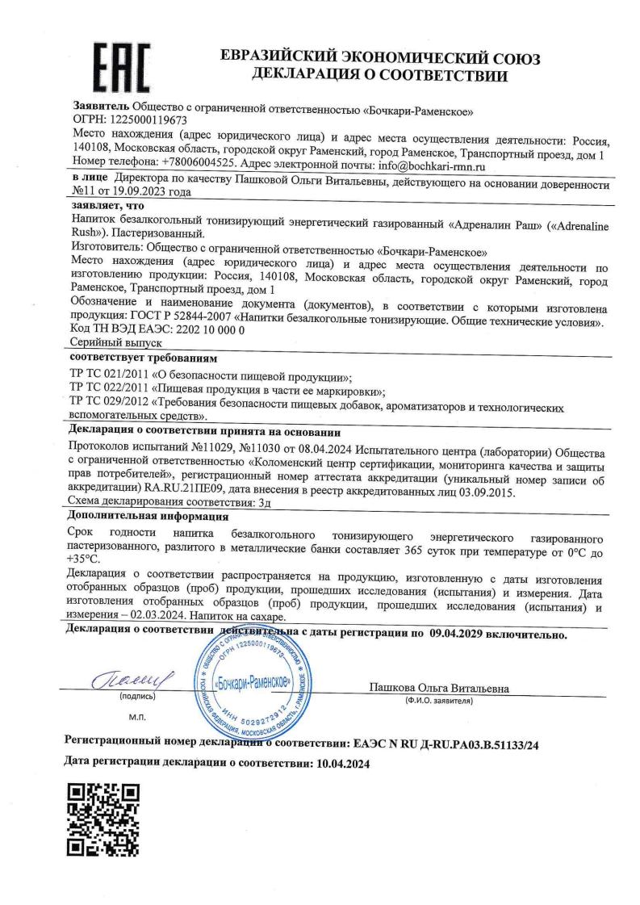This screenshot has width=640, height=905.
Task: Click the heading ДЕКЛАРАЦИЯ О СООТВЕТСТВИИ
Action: pos(379,78)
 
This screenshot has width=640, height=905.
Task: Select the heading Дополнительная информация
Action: pos(148,516)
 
